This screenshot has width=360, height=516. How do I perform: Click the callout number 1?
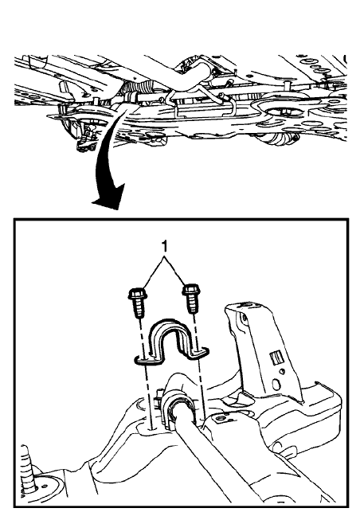[x=164, y=248]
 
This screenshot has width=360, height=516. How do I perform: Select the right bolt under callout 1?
[x=190, y=302]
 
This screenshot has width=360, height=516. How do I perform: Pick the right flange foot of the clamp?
[x=202, y=352]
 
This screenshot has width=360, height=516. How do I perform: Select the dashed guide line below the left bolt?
[x=147, y=382]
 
